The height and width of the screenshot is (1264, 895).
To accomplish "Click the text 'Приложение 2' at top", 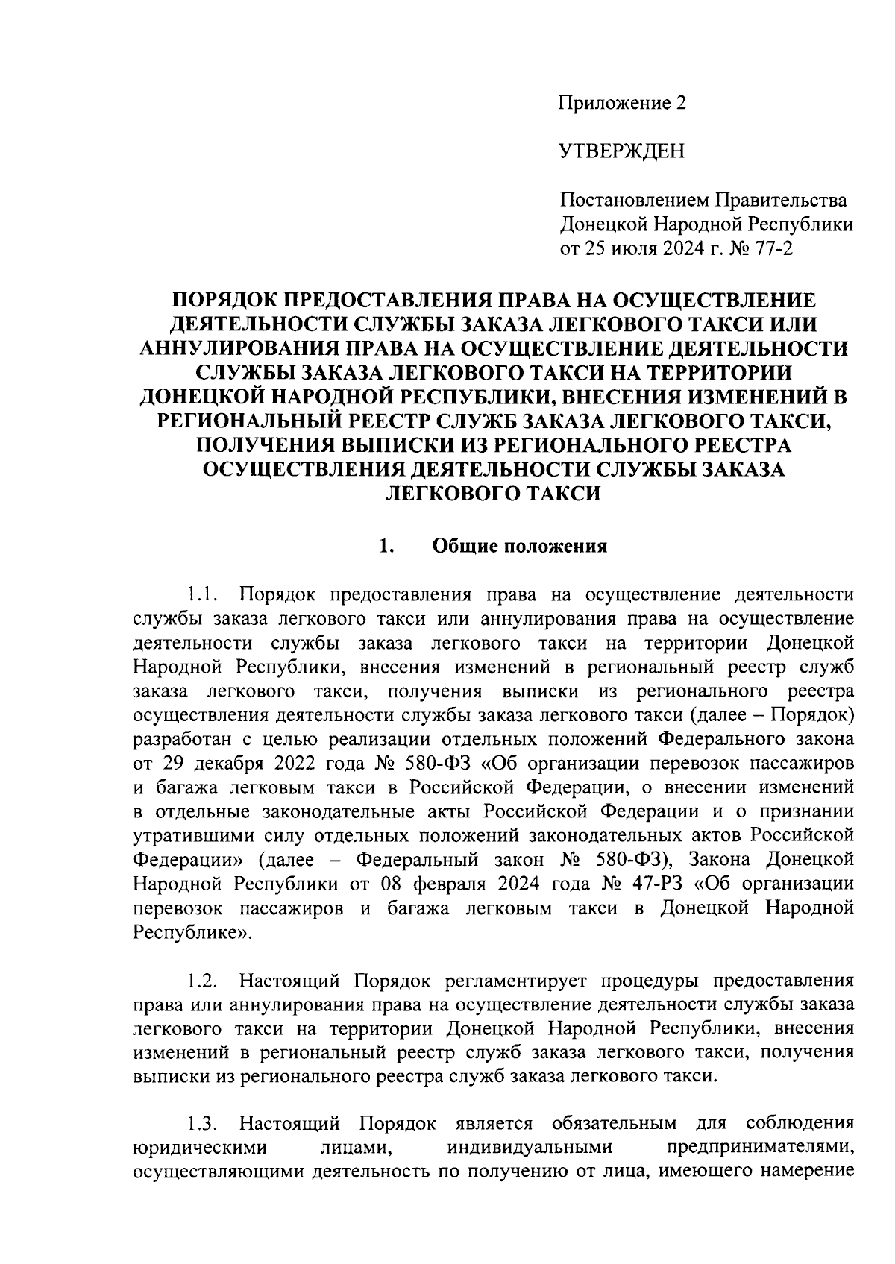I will click(622, 103).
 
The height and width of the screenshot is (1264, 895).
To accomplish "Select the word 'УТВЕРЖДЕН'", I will click(621, 152).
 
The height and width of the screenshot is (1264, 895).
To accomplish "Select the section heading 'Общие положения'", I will click(520, 546).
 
